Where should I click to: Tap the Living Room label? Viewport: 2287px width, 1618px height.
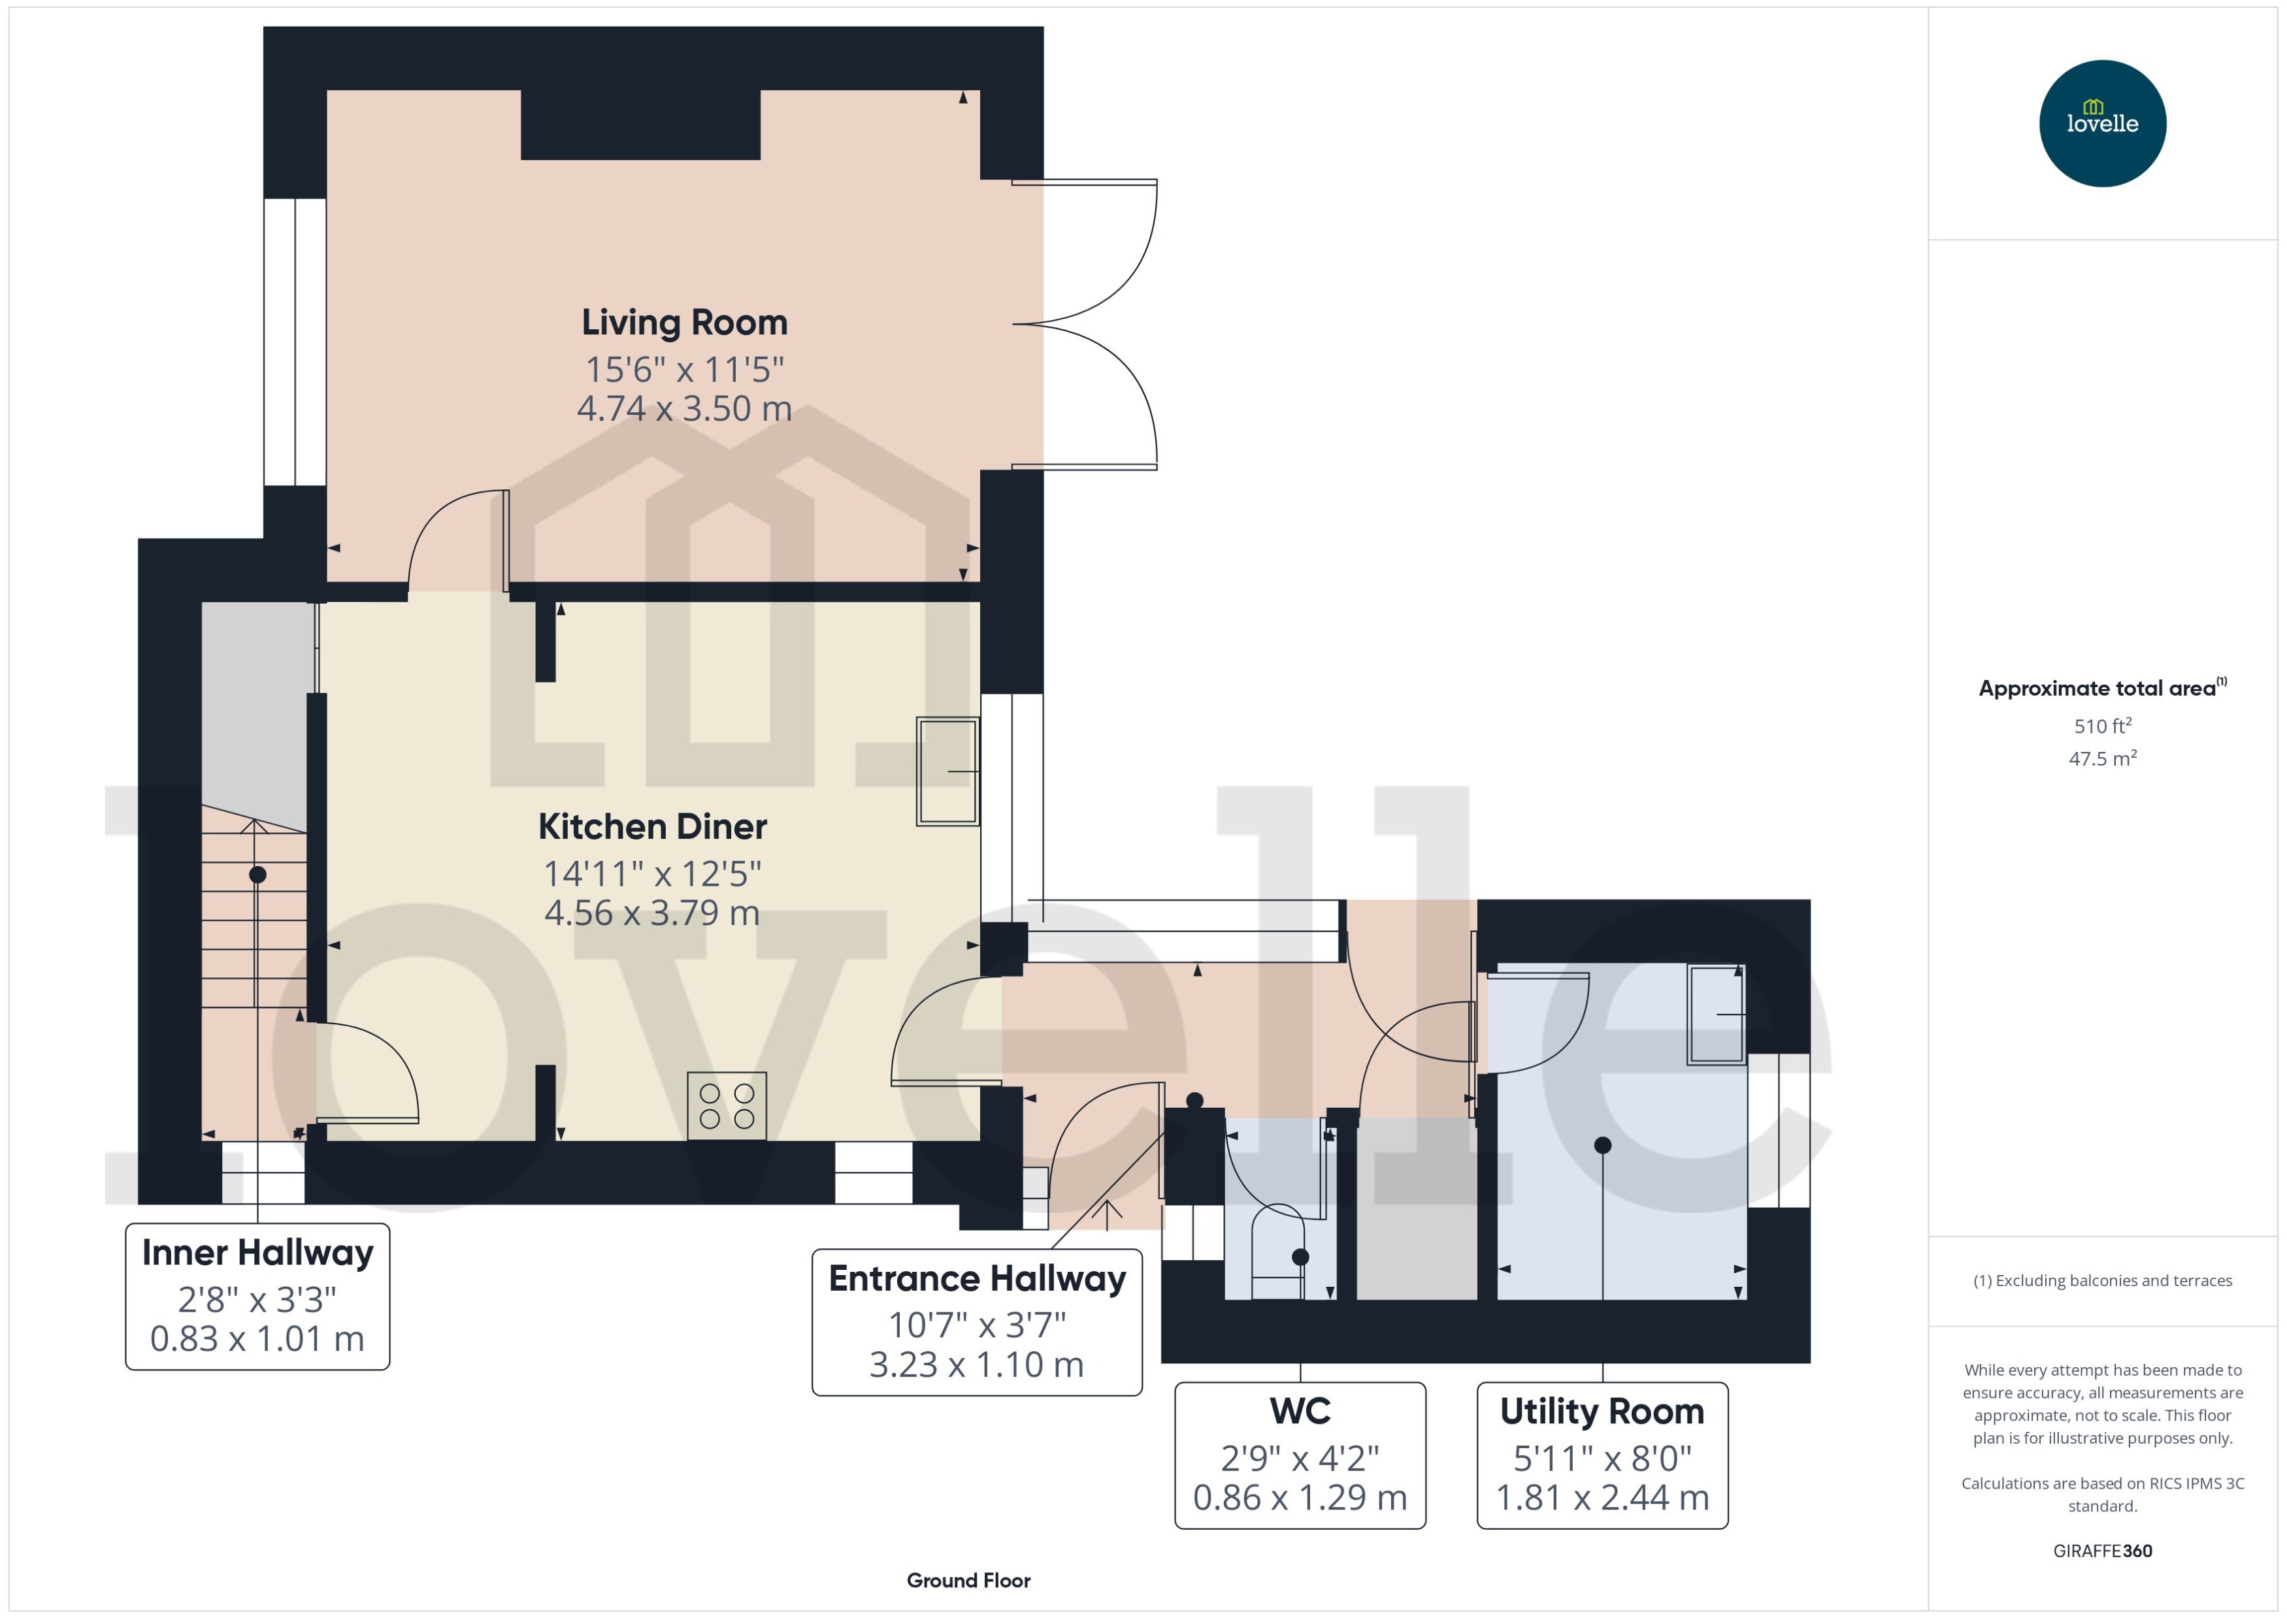(x=685, y=323)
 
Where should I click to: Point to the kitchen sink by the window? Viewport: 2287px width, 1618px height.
(x=947, y=771)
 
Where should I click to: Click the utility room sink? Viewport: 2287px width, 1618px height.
(x=1716, y=1014)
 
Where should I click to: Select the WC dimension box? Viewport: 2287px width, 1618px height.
(x=1300, y=1455)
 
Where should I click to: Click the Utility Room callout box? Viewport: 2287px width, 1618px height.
(x=1602, y=1455)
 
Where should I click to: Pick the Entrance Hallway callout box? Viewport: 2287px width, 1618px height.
(x=977, y=1322)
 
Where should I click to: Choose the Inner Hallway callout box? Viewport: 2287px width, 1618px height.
(x=257, y=1296)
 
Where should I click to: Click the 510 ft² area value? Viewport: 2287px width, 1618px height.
(x=2103, y=726)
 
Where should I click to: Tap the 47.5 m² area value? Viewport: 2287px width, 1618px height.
(x=2103, y=759)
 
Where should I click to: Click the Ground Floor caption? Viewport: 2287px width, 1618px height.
(x=968, y=1580)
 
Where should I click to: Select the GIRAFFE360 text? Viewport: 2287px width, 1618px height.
(x=2103, y=1551)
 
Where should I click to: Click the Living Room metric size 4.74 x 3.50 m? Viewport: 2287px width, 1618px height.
(x=685, y=408)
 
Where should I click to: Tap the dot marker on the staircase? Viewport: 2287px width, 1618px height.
(x=257, y=875)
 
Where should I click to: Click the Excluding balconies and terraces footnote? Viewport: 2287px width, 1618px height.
(x=2103, y=1281)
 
